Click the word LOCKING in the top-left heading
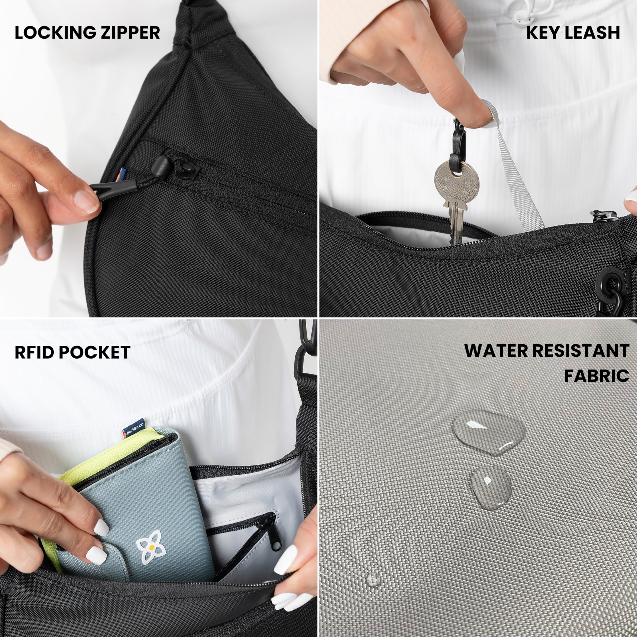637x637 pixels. coord(52,33)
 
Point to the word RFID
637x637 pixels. coord(34,352)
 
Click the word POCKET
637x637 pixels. coord(94,352)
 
